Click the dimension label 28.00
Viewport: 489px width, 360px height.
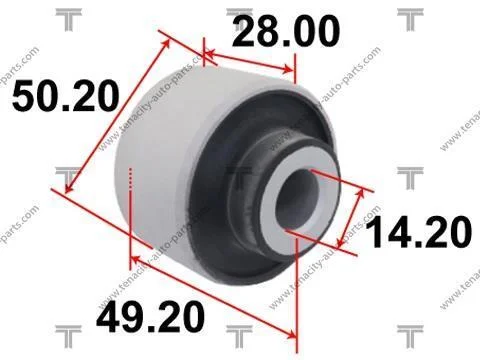click(x=286, y=31)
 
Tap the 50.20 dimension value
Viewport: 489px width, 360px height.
click(x=66, y=96)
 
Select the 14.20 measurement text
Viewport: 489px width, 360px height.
click(x=419, y=232)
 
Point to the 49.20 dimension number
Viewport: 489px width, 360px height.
click(x=150, y=316)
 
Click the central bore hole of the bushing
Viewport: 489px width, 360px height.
click(x=297, y=199)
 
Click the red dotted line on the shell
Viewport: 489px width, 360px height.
click(x=130, y=179)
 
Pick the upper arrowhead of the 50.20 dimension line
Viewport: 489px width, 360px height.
click(x=167, y=45)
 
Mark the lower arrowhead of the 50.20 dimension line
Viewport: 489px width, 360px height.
click(x=69, y=188)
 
